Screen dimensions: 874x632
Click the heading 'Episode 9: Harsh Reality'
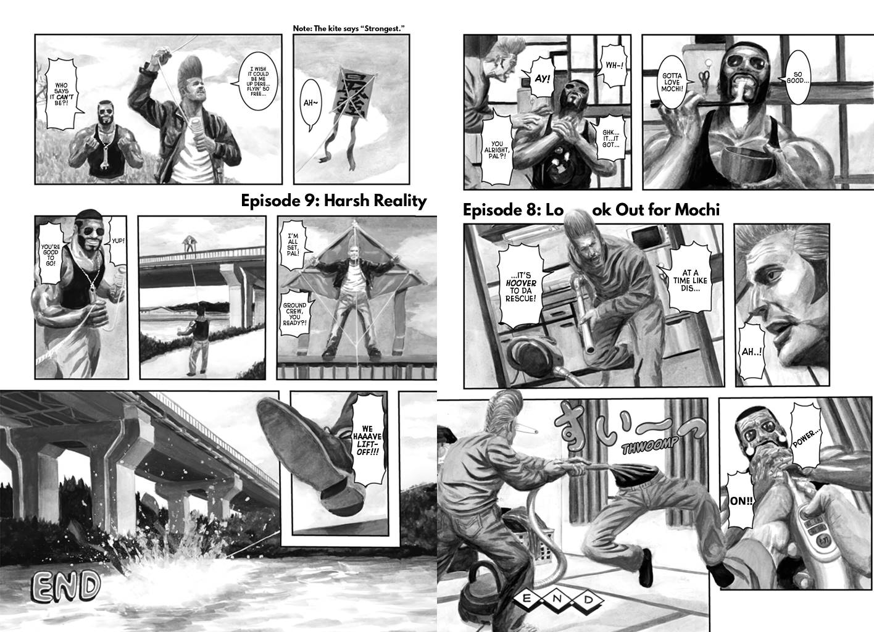333,201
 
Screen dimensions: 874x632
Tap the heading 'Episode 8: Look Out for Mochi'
591,210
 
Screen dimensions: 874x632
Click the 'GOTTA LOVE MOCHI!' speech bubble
672,82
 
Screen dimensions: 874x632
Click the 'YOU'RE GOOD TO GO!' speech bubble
51,252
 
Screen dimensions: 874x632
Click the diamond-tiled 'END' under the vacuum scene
557,599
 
